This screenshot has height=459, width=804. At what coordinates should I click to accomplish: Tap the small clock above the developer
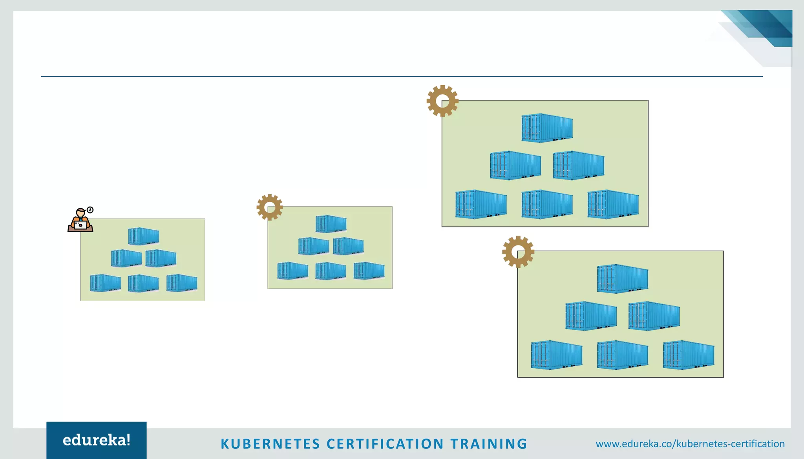[x=90, y=210]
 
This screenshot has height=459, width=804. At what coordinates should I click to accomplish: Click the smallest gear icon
[x=270, y=207]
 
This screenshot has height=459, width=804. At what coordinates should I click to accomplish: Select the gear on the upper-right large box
[x=442, y=101]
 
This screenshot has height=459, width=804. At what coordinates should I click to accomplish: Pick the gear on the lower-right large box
[x=518, y=252]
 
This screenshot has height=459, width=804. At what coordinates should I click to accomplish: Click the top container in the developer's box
[x=144, y=236]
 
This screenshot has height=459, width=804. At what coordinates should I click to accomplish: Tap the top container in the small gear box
[x=331, y=224]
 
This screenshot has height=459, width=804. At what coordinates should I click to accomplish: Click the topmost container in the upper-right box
[x=547, y=128]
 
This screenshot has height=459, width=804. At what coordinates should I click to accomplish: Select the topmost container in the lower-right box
[x=623, y=279]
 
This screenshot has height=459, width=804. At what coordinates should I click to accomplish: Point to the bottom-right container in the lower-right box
[x=689, y=355]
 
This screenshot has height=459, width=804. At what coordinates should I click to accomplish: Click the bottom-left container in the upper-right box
[x=481, y=204]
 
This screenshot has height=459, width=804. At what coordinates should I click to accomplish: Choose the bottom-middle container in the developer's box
[x=143, y=283]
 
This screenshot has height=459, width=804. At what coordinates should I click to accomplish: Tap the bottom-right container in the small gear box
[x=369, y=271]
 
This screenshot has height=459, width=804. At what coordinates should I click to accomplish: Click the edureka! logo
[x=97, y=440]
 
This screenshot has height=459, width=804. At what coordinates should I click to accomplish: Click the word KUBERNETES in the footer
[x=270, y=444]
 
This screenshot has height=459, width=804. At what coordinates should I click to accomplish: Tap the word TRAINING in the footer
[x=489, y=444]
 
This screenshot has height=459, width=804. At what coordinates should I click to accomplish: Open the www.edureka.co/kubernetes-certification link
[x=690, y=444]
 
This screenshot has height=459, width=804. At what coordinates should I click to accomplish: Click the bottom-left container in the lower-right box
[x=556, y=355]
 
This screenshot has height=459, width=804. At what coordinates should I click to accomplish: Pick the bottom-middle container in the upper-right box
[x=547, y=204]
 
